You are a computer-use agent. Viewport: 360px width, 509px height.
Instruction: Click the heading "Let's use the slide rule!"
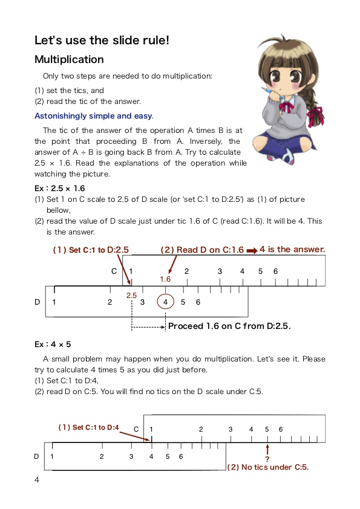click(x=102, y=41)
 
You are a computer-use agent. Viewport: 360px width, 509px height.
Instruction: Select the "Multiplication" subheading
click(x=69, y=60)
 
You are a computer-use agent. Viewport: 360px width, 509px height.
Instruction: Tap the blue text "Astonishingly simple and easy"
click(x=93, y=116)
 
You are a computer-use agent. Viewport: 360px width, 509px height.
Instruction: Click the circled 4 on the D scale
click(x=165, y=302)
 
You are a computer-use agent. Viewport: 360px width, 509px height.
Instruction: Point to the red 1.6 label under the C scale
click(x=166, y=279)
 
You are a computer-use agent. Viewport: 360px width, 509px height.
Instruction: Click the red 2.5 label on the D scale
click(x=132, y=295)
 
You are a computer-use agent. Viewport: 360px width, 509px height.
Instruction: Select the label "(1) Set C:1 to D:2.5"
click(x=91, y=249)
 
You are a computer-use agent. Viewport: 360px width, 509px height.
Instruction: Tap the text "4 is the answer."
click(x=292, y=249)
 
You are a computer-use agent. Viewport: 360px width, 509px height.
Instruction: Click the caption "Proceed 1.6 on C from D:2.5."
click(x=229, y=326)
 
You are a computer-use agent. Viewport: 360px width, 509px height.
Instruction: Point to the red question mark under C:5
click(x=267, y=459)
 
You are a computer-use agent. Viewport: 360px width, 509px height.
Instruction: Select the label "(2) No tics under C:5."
click(x=267, y=467)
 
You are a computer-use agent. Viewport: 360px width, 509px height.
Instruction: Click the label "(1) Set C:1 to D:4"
click(x=88, y=427)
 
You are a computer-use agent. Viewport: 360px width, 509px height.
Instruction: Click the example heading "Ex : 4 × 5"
click(x=53, y=344)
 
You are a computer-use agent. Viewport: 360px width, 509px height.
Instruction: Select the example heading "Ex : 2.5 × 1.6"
click(x=60, y=188)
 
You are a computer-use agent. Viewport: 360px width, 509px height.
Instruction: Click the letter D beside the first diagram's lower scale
click(x=38, y=302)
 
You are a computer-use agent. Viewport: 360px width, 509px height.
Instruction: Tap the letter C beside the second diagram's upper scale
click(x=136, y=429)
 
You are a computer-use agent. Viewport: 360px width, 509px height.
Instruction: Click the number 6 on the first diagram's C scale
click(x=275, y=271)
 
